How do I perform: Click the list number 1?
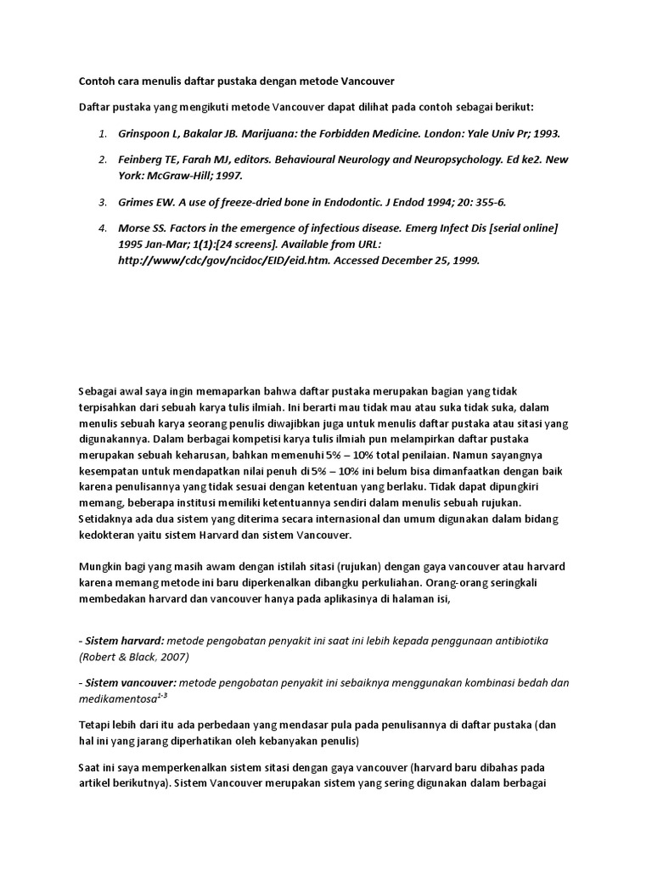coord(102,134)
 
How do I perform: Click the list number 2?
coord(102,160)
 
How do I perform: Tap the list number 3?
coord(102,202)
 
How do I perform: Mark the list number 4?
coord(102,228)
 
